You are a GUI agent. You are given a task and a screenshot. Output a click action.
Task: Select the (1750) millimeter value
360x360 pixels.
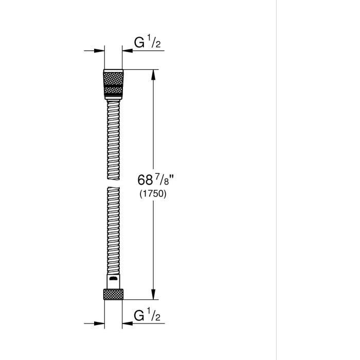pos(153,194)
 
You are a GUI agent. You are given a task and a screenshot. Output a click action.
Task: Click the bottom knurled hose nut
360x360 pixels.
pos(113,294)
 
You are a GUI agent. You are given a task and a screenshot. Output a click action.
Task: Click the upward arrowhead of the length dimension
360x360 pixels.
pos(153,75)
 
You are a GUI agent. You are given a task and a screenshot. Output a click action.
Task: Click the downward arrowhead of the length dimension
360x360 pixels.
pos(153,294)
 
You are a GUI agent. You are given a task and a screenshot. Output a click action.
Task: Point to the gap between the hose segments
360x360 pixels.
pos(113,183)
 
